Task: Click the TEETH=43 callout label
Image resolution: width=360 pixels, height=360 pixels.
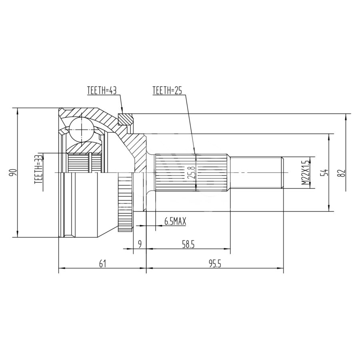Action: tap(102, 90)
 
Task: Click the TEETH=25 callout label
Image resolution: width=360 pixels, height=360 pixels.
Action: tap(167, 90)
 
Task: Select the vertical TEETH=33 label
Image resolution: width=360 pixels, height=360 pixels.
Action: tap(38, 170)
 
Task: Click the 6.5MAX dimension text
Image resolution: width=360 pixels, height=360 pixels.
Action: tap(175, 221)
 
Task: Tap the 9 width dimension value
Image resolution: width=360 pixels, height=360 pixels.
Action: tap(140, 244)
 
